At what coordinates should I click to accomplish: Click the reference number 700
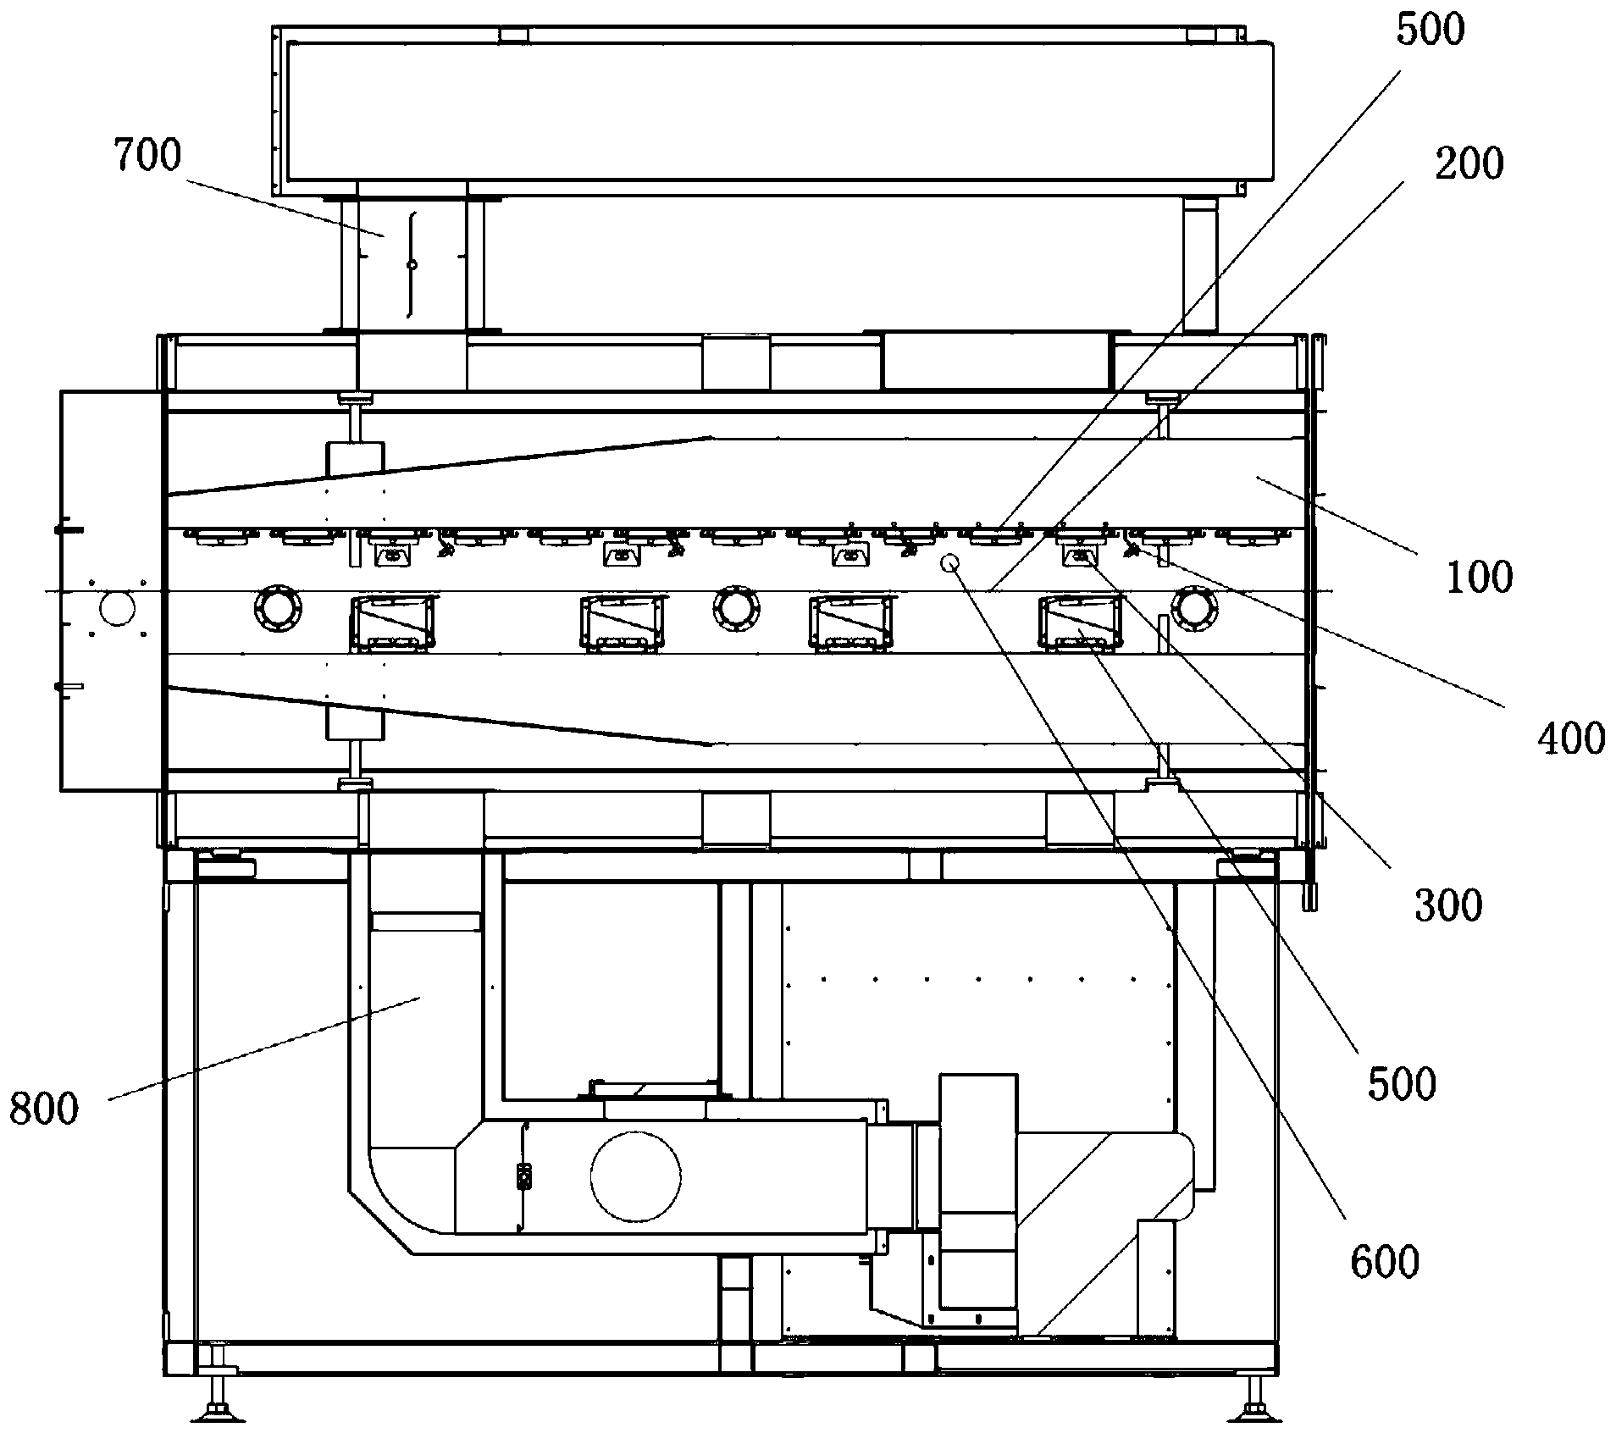(148, 158)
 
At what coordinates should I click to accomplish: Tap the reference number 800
(44, 1108)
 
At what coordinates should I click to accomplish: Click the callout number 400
(1570, 739)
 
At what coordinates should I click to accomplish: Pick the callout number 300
(1448, 905)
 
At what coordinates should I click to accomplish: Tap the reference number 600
(1384, 1262)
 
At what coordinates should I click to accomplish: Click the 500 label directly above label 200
(1430, 30)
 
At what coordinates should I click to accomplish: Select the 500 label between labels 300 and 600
(1402, 1083)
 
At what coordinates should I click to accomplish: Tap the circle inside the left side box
(117, 608)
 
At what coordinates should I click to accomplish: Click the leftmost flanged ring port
(279, 606)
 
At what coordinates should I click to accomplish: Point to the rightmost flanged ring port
(1194, 608)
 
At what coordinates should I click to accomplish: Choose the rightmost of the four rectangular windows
(1082, 622)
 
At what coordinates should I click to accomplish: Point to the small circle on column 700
(412, 265)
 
